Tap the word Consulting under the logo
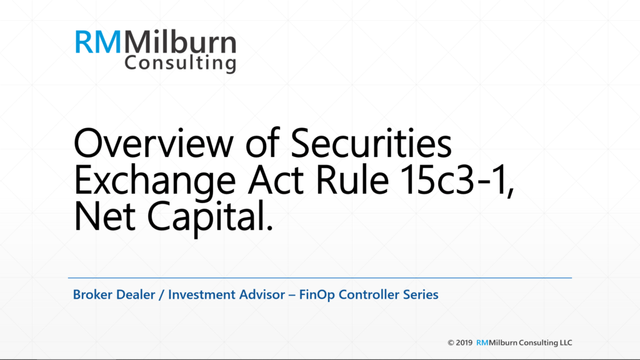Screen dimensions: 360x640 pyautogui.click(x=180, y=64)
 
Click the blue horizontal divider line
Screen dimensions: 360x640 pyautogui.click(x=319, y=277)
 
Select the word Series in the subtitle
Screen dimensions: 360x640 pyautogui.click(x=422, y=294)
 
